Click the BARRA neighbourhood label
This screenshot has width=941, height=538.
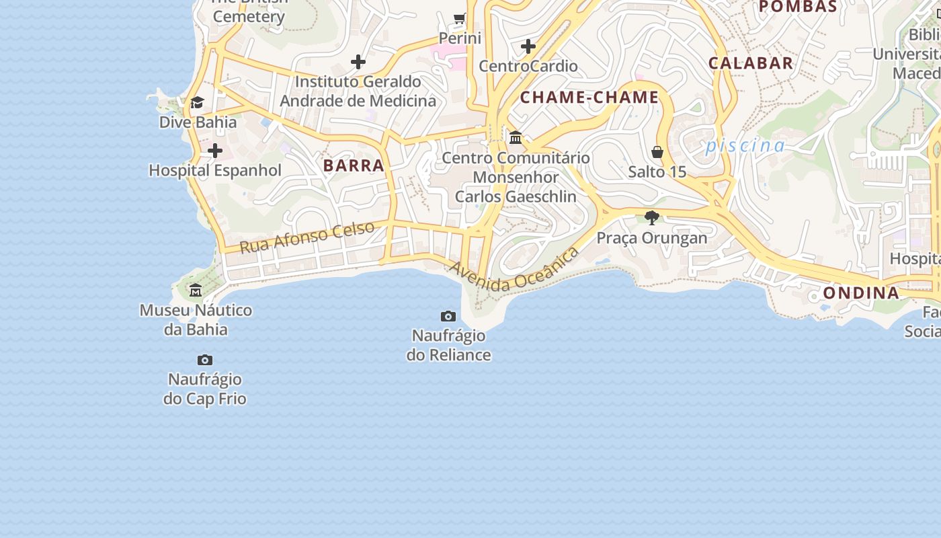354,165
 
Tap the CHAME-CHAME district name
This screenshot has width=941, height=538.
589,98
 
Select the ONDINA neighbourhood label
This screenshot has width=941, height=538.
861,293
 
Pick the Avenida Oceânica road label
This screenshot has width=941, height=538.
514,270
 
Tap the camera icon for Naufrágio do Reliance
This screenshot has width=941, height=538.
448,316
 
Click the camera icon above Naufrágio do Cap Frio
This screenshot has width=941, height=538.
205,360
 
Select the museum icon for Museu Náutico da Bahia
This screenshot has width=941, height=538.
196,291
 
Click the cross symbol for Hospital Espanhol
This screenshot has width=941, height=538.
215,151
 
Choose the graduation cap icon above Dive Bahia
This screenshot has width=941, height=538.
197,102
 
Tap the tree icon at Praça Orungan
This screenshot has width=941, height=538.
651,218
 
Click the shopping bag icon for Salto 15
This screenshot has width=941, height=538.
657,153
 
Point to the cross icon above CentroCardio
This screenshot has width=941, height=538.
528,46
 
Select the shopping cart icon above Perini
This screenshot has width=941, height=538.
460,18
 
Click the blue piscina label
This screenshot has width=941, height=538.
745,146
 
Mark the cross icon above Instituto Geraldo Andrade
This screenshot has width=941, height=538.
358,62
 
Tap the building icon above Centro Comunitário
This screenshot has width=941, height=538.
516,138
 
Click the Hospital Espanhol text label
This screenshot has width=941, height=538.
215,171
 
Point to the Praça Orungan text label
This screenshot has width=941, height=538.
652,238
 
